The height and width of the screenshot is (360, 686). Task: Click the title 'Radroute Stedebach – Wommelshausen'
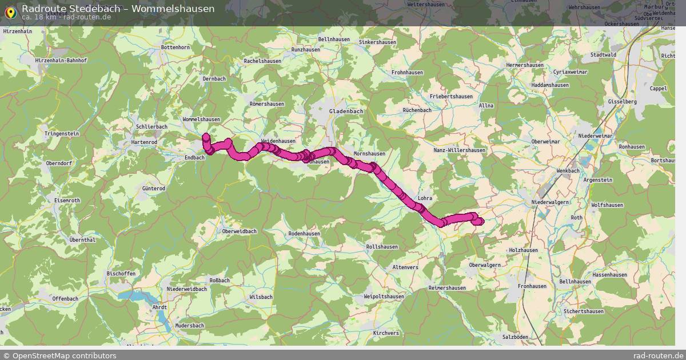[118, 9]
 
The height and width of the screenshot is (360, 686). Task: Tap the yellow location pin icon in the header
[10, 11]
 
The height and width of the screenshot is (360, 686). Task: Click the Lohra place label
[425, 198]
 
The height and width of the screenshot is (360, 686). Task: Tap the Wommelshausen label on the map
[201, 119]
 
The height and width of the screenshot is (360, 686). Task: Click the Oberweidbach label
[240, 231]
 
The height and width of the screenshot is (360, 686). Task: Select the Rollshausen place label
[381, 246]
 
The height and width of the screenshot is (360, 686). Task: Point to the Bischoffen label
[121, 274]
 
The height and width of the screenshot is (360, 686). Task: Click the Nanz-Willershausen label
[459, 150]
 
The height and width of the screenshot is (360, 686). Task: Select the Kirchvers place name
[385, 333]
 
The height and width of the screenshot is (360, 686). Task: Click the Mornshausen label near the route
[369, 154]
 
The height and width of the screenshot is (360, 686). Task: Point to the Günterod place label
[153, 188]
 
